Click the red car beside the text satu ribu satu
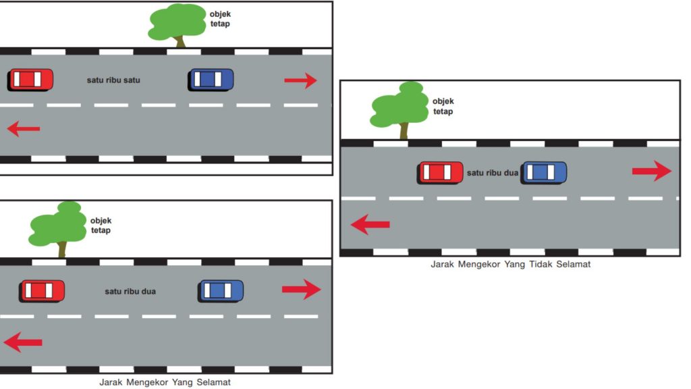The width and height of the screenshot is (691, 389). (x=30, y=80)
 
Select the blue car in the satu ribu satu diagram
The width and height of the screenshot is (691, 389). (x=211, y=80)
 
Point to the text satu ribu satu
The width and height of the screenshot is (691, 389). (x=113, y=80)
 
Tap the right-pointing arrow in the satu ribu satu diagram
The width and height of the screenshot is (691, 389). (x=300, y=80)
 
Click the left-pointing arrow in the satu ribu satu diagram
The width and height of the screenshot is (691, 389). (x=24, y=129)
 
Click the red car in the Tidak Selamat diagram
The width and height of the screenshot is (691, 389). (x=440, y=172)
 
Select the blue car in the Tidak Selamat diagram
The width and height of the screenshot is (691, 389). (x=544, y=172)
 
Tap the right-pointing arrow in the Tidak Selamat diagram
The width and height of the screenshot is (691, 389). (x=652, y=171)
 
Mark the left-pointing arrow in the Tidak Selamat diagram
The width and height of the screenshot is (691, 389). (x=370, y=224)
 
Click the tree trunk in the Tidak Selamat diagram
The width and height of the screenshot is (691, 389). (x=404, y=131)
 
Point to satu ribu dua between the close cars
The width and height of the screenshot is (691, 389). (x=492, y=173)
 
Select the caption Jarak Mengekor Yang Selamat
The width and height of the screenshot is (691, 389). (x=165, y=382)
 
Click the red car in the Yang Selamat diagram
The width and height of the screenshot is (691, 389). (x=42, y=291)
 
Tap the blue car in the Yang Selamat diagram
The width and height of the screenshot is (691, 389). (x=221, y=291)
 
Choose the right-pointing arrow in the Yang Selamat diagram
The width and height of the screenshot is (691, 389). (x=302, y=289)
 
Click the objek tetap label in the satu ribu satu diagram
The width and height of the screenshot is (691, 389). (x=220, y=19)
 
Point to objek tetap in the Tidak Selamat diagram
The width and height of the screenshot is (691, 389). (x=443, y=106)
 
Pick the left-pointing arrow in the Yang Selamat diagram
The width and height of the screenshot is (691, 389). (x=23, y=342)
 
